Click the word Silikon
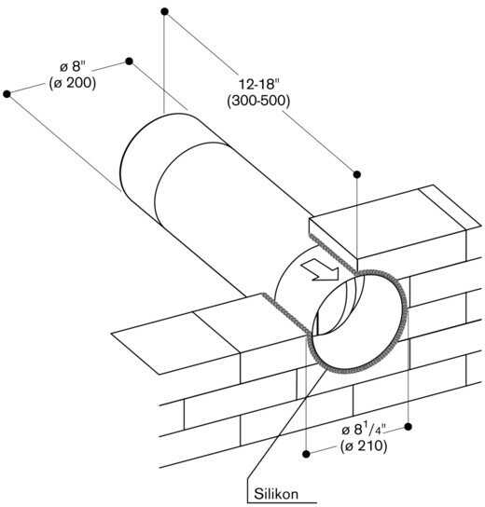tap(276, 494)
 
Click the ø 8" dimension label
tap(73, 67)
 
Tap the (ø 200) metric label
tap(73, 83)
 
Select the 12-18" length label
tap(258, 85)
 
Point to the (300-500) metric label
tap(258, 102)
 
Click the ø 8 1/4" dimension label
tap(364, 430)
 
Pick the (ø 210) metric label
tap(364, 446)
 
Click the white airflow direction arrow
tap(320, 271)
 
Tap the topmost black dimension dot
tap(164, 11)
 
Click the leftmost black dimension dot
tap(7, 94)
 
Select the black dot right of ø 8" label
tap(129, 62)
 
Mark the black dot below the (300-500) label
tap(357, 174)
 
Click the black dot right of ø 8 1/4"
tap(409, 427)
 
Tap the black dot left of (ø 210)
tap(306, 454)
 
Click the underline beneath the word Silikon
tap(282, 502)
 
